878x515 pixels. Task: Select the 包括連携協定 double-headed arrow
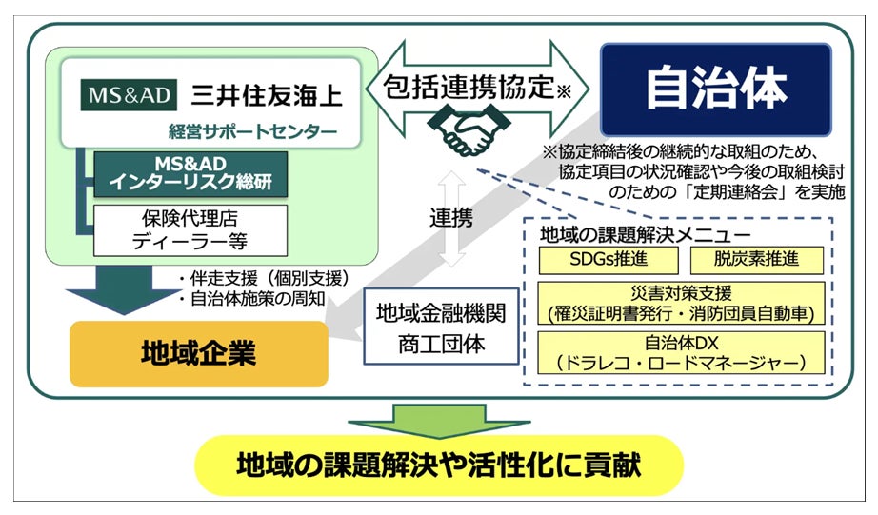481,88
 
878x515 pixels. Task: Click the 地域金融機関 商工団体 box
442,327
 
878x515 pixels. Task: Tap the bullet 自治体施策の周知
253,298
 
